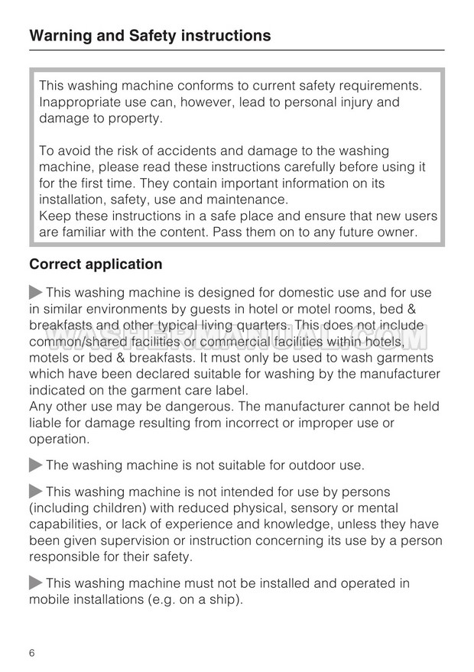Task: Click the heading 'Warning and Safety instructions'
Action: coord(150,36)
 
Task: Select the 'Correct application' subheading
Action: coord(96,265)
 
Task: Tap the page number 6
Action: coord(33,654)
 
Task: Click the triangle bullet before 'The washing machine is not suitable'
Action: coord(36,465)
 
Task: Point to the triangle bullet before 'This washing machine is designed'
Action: coord(36,293)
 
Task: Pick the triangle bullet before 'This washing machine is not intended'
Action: coord(36,492)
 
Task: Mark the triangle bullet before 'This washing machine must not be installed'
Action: coord(36,583)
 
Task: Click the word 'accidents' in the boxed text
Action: coord(200,151)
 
